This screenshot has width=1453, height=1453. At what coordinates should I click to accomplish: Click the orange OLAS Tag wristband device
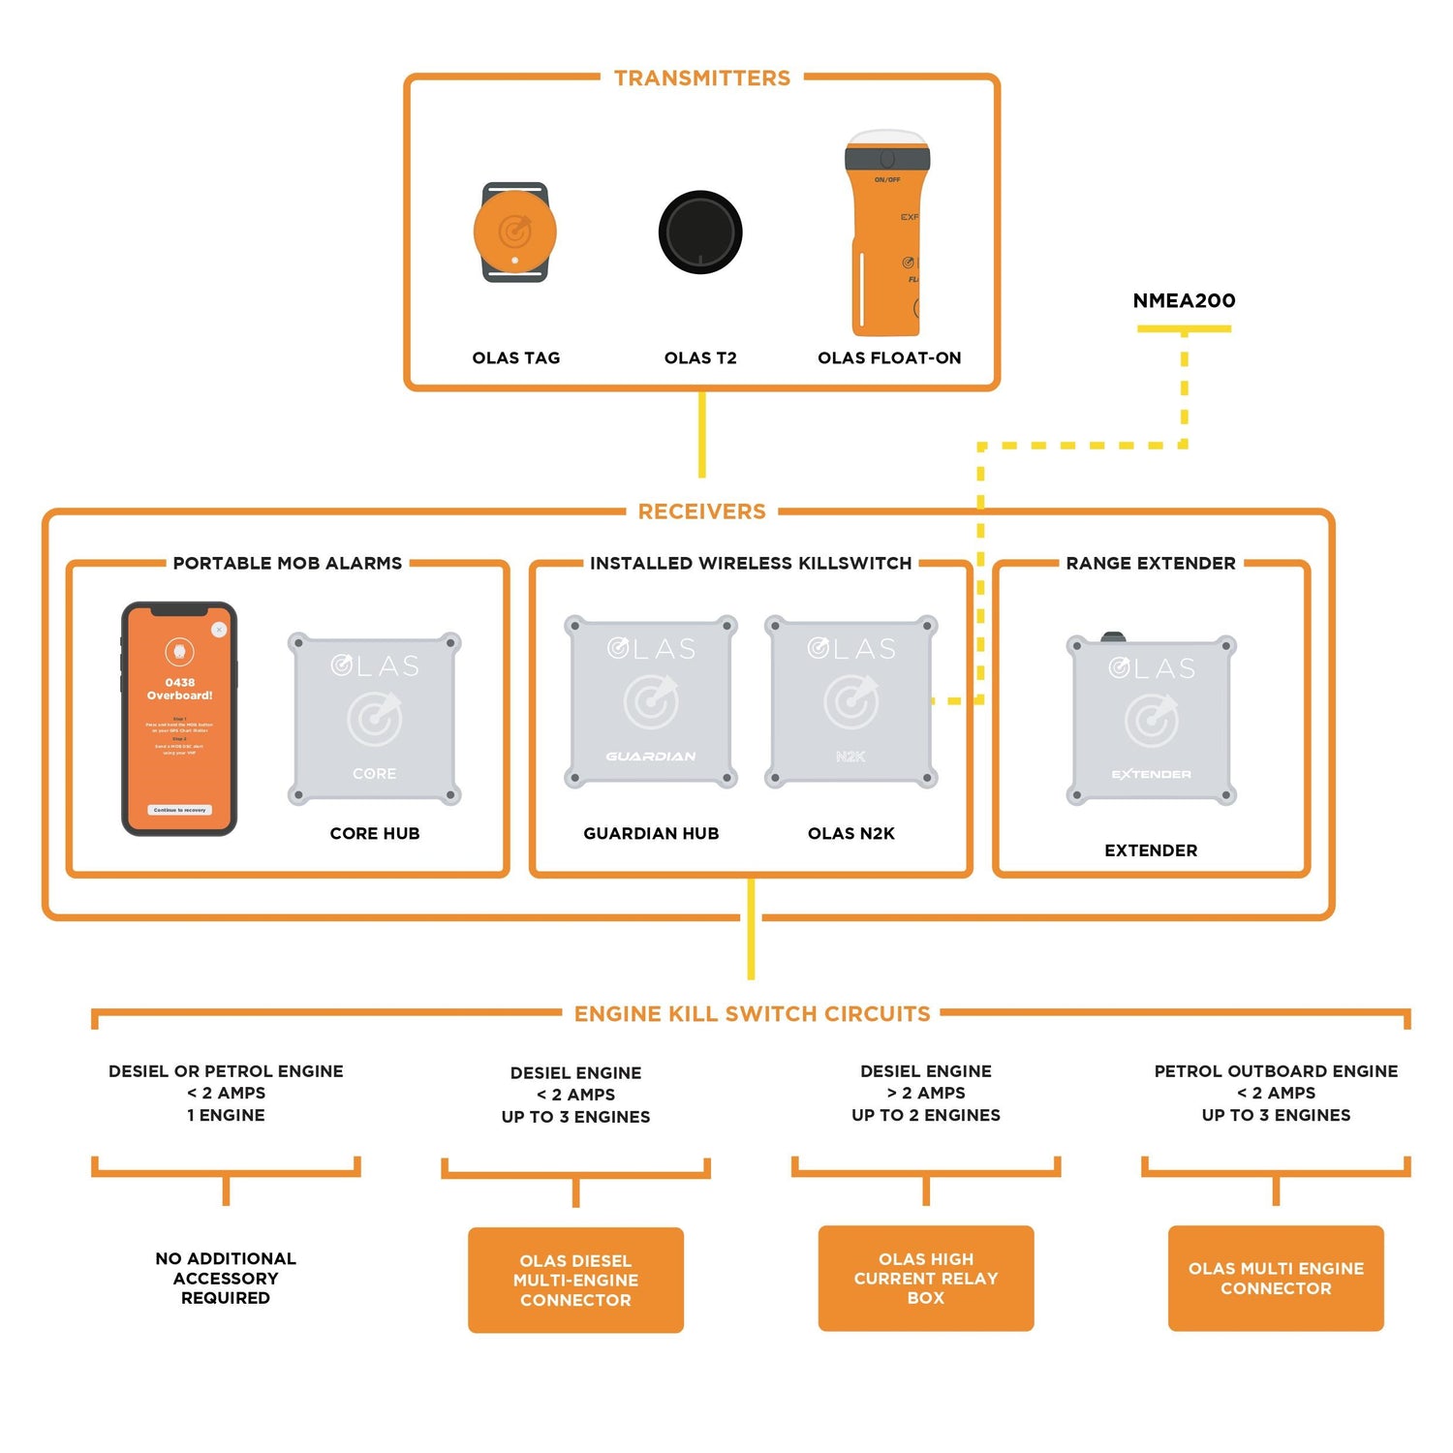point(515,232)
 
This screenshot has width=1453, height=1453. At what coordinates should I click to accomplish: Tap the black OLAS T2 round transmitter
point(700,232)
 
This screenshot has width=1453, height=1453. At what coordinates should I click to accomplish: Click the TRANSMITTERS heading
point(702,78)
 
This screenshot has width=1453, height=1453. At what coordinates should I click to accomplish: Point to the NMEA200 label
point(1184,301)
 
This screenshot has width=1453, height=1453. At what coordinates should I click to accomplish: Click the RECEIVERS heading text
point(701,511)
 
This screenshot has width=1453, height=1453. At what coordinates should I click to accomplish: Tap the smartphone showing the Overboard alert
point(179,719)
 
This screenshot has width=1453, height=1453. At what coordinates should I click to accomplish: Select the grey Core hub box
point(375,719)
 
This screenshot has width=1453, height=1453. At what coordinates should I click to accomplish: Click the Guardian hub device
point(651,701)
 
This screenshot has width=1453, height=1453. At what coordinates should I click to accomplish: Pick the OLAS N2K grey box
point(851,701)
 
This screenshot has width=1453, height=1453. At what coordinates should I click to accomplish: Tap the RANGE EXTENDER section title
point(1151,564)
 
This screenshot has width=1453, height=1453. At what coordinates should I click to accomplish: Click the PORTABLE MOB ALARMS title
point(288,564)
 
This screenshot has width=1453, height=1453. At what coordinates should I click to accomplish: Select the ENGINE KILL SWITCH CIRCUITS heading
point(752,1014)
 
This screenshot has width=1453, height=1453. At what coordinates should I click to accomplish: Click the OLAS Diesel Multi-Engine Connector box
point(575,1281)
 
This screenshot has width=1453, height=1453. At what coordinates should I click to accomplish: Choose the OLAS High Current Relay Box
point(926,1279)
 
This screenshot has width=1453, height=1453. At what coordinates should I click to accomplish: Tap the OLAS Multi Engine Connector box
point(1276,1279)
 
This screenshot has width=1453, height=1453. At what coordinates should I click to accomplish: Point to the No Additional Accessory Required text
point(226,1279)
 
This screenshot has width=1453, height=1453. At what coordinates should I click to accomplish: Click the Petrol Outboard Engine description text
point(1276,1093)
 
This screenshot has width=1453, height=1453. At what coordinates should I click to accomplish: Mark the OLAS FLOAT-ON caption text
point(889,358)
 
